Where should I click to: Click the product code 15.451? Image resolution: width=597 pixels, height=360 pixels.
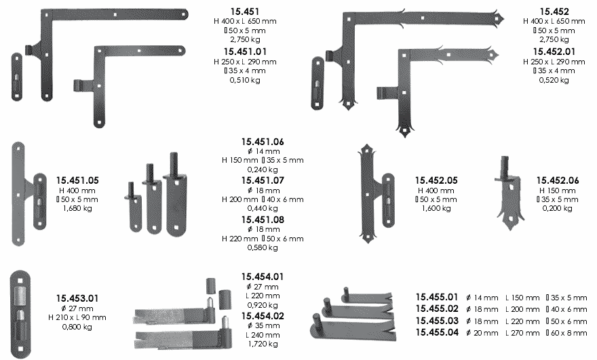pos(245,12)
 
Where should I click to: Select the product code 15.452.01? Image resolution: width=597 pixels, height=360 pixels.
pos(554,52)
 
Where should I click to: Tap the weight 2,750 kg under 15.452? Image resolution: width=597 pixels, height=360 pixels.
pos(554,39)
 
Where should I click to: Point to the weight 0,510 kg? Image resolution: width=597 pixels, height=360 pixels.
pos(245,80)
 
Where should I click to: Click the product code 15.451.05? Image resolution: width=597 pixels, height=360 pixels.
pos(77,180)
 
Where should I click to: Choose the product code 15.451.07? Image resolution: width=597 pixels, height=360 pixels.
pos(263,180)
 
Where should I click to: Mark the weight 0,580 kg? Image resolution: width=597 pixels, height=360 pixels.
pos(263,247)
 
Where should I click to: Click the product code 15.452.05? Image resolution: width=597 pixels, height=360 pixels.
pos(436,180)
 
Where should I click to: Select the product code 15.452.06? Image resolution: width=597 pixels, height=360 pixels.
pos(558,180)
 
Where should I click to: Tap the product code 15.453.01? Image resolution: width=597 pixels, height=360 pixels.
pos(77,298)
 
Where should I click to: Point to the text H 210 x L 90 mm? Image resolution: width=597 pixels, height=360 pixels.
pos(77,317)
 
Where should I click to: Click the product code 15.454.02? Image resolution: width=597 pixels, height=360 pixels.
pos(263,316)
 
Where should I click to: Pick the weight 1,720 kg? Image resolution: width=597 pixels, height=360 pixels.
pos(263,344)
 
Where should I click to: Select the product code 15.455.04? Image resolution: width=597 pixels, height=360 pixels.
pos(437,332)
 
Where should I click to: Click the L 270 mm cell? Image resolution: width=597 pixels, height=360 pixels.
pos(522,333)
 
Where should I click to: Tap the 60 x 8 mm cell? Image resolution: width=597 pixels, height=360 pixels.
pos(566,333)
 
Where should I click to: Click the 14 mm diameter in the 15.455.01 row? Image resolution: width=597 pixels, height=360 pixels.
pos(482,298)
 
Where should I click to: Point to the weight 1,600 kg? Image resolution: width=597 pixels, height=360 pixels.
pos(436,208)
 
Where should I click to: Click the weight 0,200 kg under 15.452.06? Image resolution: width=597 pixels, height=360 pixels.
pos(558,208)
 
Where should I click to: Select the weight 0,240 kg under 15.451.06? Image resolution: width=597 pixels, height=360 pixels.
pos(263,169)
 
